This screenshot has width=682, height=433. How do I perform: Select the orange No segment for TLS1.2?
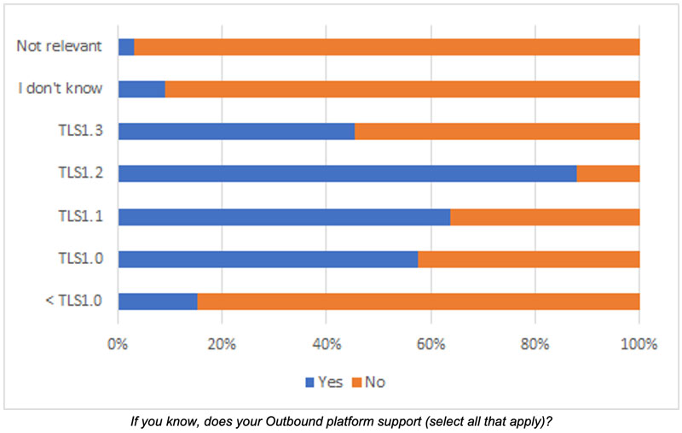coord(608,173)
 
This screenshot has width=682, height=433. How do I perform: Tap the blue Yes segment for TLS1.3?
coord(236,131)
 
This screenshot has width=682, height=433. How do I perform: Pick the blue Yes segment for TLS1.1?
coord(284,216)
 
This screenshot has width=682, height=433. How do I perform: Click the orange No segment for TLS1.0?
coord(529,259)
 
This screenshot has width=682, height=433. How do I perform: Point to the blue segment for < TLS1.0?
coord(158,301)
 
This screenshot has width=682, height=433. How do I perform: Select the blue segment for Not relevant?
coord(126,46)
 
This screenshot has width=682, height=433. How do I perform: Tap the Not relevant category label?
coord(60,46)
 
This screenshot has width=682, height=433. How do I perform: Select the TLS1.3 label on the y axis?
coord(79,131)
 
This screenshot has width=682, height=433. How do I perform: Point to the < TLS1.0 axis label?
coord(74,301)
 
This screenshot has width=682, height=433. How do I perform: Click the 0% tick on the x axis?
coord(118,345)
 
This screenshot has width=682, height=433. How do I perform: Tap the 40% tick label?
coord(327,345)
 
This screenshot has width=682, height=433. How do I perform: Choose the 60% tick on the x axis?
coord(431,345)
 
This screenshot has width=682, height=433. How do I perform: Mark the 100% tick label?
coord(639,345)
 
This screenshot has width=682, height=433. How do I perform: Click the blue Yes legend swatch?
coord(310,382)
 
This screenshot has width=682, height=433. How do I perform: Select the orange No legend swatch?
coord(357,382)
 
